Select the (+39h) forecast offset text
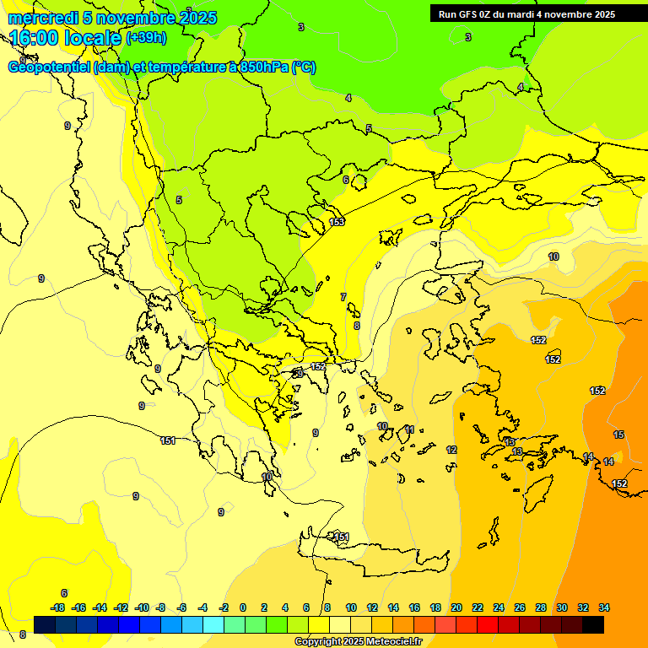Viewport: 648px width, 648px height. [146, 38]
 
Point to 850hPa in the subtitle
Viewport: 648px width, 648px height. [260, 67]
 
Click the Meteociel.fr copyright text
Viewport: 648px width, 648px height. [359, 641]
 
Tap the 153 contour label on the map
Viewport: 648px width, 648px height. [337, 222]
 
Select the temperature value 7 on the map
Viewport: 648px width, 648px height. [343, 297]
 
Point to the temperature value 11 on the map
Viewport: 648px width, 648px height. [410, 429]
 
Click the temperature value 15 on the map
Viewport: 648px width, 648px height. [618, 435]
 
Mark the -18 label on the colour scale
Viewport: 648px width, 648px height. [57, 607]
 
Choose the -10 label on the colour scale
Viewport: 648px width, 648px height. [142, 607]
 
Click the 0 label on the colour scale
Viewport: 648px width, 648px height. [243, 607]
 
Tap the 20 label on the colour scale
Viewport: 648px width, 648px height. [456, 607]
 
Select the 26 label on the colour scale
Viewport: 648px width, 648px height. [520, 607]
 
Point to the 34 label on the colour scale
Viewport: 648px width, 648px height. [604, 607]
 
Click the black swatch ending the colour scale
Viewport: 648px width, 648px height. [593, 624]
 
